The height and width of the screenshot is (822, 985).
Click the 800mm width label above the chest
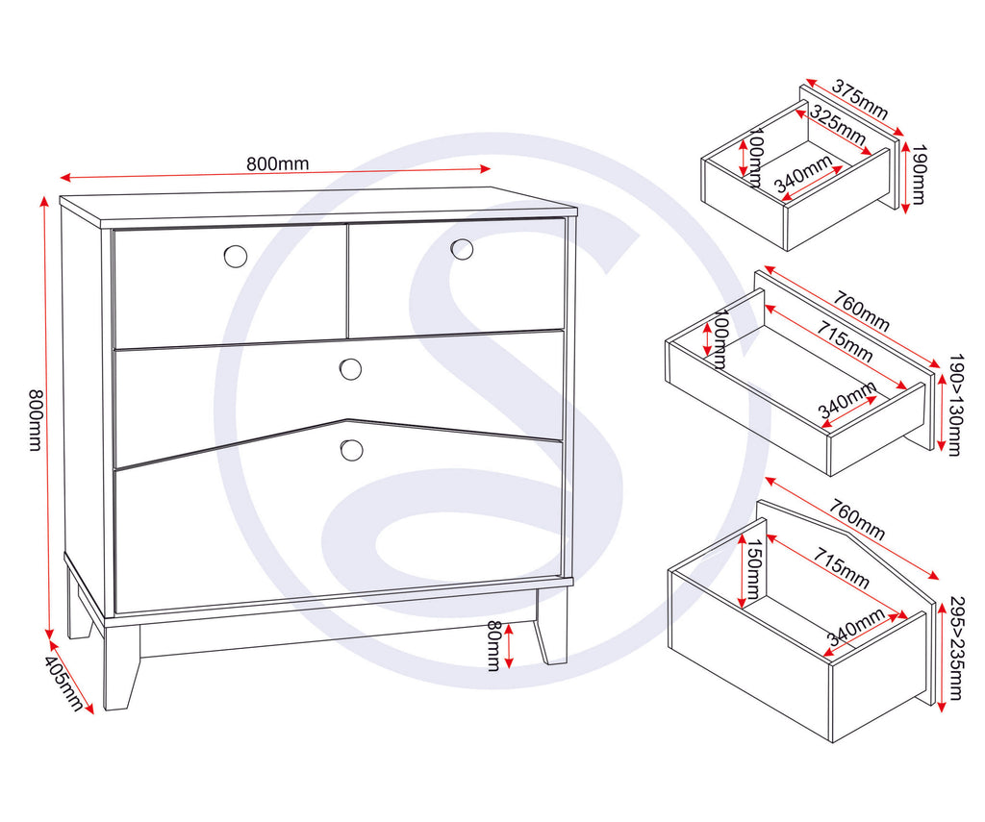point(278,163)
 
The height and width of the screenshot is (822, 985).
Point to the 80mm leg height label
point(492,645)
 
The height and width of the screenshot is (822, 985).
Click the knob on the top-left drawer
point(235,256)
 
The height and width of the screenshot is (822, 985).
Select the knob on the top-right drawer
point(462,249)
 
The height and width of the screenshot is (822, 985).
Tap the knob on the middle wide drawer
point(350,369)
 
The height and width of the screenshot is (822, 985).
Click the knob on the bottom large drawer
point(351,449)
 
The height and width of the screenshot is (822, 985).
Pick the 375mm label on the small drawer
point(859,98)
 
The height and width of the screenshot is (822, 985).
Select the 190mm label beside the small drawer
point(918,175)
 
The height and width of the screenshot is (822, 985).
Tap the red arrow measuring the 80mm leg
point(509,645)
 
